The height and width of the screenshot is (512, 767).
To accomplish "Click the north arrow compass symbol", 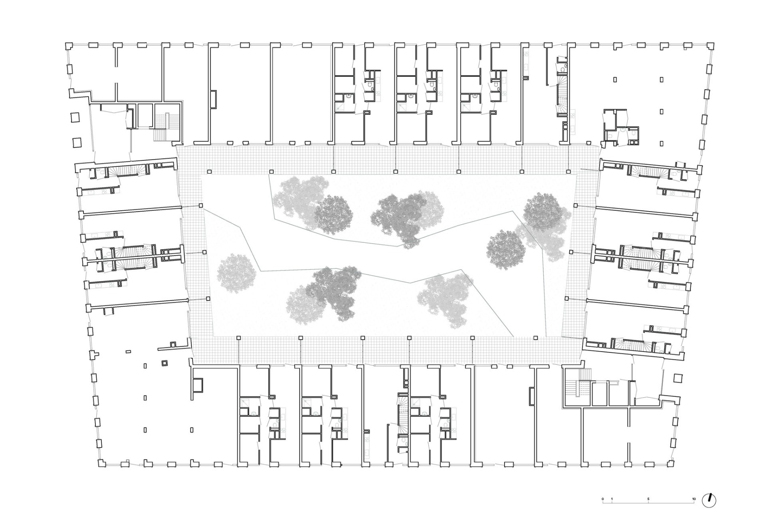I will pyautogui.click(x=711, y=500).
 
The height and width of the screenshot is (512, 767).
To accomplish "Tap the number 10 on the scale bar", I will pyautogui.click(x=694, y=499).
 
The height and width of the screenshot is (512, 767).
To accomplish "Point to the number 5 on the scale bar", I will pyautogui.click(x=649, y=499).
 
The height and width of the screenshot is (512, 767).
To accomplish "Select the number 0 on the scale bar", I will pyautogui.click(x=603, y=499).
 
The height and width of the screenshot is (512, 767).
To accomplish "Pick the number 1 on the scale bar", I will pyautogui.click(x=612, y=499).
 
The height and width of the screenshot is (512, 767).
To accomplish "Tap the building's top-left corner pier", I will pyautogui.click(x=68, y=45).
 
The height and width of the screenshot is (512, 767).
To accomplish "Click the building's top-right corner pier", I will pyautogui.click(x=710, y=45).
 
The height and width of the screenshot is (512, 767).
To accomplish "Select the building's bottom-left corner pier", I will pyautogui.click(x=101, y=463).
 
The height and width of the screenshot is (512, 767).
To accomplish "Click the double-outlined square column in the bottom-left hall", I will pyautogui.click(x=164, y=364).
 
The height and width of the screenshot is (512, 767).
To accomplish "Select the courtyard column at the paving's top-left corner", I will pyautogui.click(x=209, y=172).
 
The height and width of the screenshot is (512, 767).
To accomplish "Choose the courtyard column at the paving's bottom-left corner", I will pyautogui.click(x=238, y=338).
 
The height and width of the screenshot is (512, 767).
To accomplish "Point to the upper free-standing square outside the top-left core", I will pyautogui.click(x=75, y=116).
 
